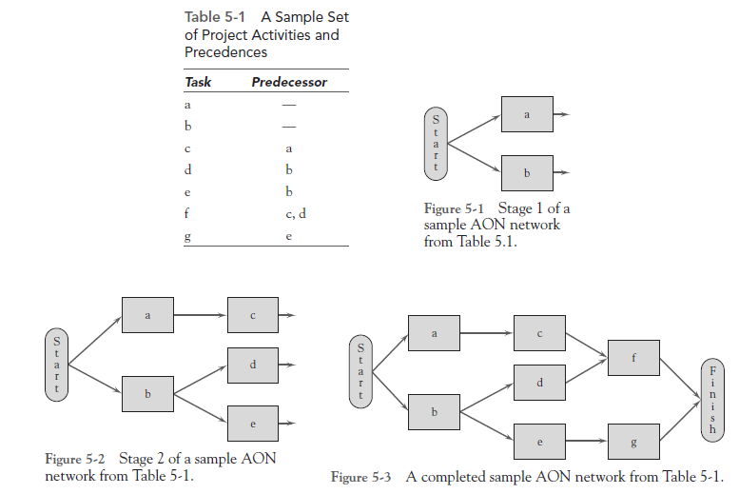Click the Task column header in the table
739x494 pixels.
click(198, 82)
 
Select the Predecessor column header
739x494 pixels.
click(288, 82)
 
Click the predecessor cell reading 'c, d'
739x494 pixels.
click(296, 214)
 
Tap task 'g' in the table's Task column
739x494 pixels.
click(188, 236)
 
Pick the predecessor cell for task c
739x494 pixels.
click(288, 148)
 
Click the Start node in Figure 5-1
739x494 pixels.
click(436, 143)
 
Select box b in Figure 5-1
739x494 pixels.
click(526, 172)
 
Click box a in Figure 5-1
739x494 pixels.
click(526, 114)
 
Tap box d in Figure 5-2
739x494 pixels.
click(253, 365)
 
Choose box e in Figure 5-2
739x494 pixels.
click(253, 423)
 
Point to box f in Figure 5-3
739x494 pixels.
click(634, 358)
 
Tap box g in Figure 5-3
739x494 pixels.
click(634, 443)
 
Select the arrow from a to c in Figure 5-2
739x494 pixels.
click(201, 313)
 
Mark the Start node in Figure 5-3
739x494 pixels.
click(360, 373)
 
